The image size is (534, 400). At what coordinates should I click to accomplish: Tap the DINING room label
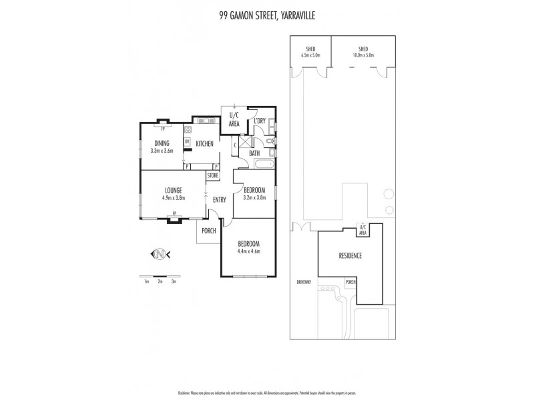tap(162, 143)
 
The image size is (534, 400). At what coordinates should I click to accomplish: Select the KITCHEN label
tap(204, 143)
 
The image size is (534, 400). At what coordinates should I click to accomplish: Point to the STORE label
tap(212, 175)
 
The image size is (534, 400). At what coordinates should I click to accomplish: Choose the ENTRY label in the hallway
tap(219, 199)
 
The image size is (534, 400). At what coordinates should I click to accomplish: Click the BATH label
tap(254, 153)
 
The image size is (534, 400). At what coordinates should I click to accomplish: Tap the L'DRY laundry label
tap(260, 121)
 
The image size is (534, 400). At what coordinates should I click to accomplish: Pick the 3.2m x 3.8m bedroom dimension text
tap(254, 197)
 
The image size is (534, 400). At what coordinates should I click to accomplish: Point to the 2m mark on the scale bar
tap(160, 282)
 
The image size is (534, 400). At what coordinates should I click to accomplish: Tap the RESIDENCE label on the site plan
tap(350, 255)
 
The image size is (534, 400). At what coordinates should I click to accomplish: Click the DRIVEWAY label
tap(304, 282)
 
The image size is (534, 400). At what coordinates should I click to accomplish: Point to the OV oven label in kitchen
tap(187, 141)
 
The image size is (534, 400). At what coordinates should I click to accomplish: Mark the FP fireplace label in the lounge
tap(174, 213)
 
